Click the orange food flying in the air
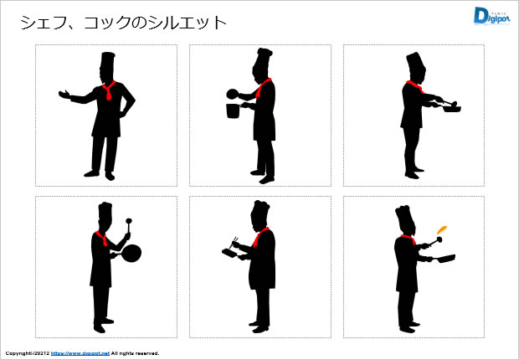(442, 229)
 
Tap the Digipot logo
(491, 16)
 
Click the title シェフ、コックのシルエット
(123, 23)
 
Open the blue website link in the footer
(80, 353)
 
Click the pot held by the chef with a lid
(233, 111)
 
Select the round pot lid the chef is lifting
(232, 94)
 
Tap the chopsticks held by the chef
(234, 241)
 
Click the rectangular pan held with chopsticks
(230, 254)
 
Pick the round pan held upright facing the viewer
(131, 253)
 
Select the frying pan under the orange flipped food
(444, 259)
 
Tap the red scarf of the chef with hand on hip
(109, 90)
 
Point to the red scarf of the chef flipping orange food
(409, 239)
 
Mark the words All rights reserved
(135, 353)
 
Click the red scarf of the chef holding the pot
(263, 87)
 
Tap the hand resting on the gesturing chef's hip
(122, 114)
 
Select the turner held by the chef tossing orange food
(434, 241)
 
